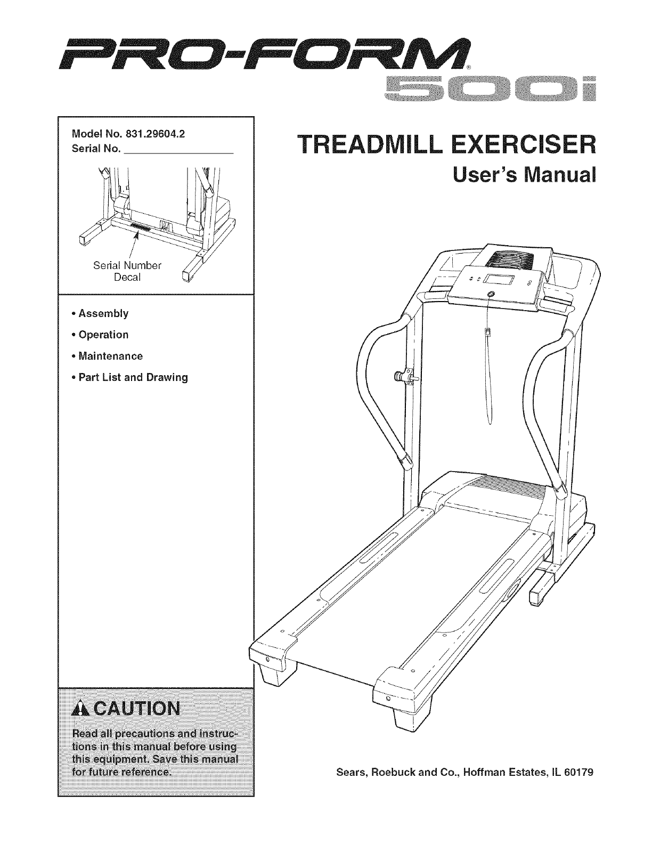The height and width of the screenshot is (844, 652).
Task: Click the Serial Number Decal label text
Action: coord(127,271)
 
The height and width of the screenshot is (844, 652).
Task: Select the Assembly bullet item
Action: coord(103,313)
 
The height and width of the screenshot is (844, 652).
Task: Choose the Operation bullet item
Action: coord(103,335)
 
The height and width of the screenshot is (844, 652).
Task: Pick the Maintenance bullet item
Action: coord(110,356)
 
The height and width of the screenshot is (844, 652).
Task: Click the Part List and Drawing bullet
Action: coord(133,377)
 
